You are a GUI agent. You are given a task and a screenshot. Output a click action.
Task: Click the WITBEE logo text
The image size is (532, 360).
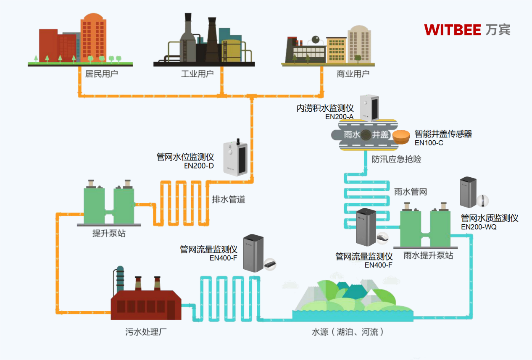tap(453, 30)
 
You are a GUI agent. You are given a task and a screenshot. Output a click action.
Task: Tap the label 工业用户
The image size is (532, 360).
tap(197, 74)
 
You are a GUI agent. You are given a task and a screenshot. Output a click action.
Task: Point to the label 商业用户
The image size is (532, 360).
tap(353, 74)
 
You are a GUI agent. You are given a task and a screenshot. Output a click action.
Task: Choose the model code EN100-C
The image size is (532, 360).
tap(429, 143)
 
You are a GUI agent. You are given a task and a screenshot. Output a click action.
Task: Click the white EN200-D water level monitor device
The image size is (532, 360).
tap(235, 158)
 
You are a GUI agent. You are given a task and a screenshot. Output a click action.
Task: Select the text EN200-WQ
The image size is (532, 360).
tap(479, 227)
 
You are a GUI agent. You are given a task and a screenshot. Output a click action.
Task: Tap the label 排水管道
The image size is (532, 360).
tap(228, 200)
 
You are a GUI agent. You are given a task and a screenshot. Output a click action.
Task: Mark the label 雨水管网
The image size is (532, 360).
tap(411, 192)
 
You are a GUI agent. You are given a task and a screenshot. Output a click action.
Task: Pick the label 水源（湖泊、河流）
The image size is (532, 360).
tap(348, 332)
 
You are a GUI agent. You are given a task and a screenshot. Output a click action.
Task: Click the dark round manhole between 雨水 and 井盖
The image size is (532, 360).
tap(366, 135)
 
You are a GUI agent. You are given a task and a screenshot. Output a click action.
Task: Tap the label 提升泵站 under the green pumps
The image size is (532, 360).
tap(109, 233)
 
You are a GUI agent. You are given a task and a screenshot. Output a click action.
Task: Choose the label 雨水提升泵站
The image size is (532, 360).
tap(428, 255)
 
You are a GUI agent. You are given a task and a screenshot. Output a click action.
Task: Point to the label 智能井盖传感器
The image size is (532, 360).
tap(443, 134)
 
